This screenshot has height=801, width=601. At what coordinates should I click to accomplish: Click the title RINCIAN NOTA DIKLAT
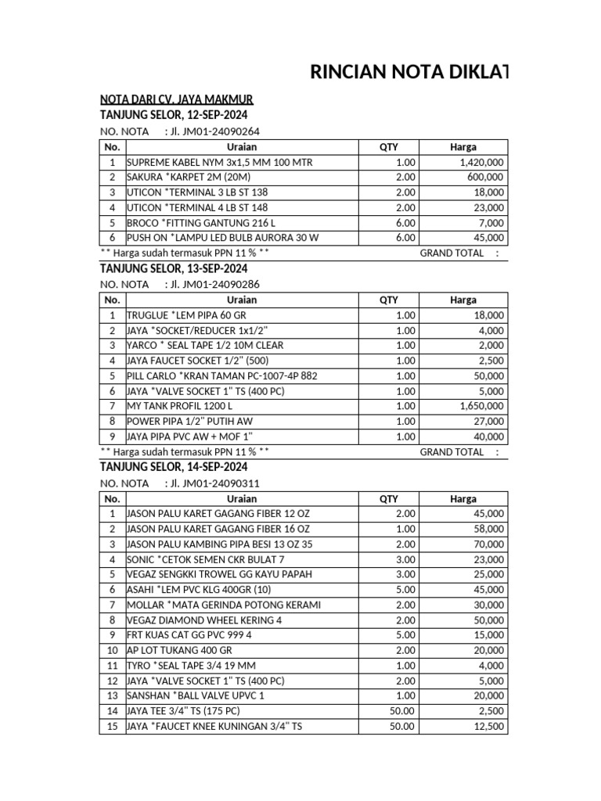[x=408, y=73]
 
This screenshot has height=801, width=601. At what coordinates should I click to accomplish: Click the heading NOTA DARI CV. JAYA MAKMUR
[x=176, y=100]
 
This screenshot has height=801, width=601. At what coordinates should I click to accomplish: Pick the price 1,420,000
[x=482, y=162]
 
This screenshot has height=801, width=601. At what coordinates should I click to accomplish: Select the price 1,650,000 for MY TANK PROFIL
[x=482, y=407]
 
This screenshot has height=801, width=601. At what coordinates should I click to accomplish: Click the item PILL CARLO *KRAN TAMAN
[x=221, y=376]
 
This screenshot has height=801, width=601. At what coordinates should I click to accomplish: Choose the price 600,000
[x=486, y=178]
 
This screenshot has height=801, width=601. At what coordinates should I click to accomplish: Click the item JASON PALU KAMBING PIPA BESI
[x=219, y=544]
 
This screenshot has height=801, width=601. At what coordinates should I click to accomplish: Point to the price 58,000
[x=489, y=530]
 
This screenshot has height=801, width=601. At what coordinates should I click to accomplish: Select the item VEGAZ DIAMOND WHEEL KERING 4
[x=205, y=620]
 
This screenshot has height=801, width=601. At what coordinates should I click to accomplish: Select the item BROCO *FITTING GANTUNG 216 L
[x=201, y=223]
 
